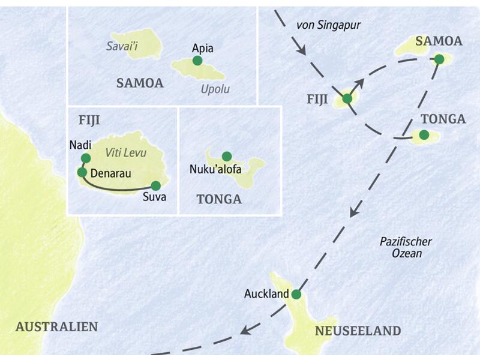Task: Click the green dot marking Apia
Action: pyautogui.click(x=197, y=61)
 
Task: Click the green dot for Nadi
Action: pyautogui.click(x=85, y=158)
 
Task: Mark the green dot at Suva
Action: pyautogui.click(x=156, y=185)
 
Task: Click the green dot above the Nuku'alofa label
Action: pyautogui.click(x=227, y=156)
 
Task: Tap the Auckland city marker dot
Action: pyautogui.click(x=295, y=294)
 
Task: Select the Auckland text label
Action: pyautogui.click(x=266, y=295)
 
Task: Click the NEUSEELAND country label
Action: pyautogui.click(x=358, y=331)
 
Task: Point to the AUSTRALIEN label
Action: pyautogui.click(x=56, y=327)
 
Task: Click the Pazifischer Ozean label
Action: pyautogui.click(x=406, y=247)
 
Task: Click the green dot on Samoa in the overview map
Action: pyautogui.click(x=439, y=59)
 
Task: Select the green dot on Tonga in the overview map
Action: pyautogui.click(x=424, y=135)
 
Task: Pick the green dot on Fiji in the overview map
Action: pyautogui.click(x=347, y=98)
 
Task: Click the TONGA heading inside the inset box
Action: pyautogui.click(x=219, y=200)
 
